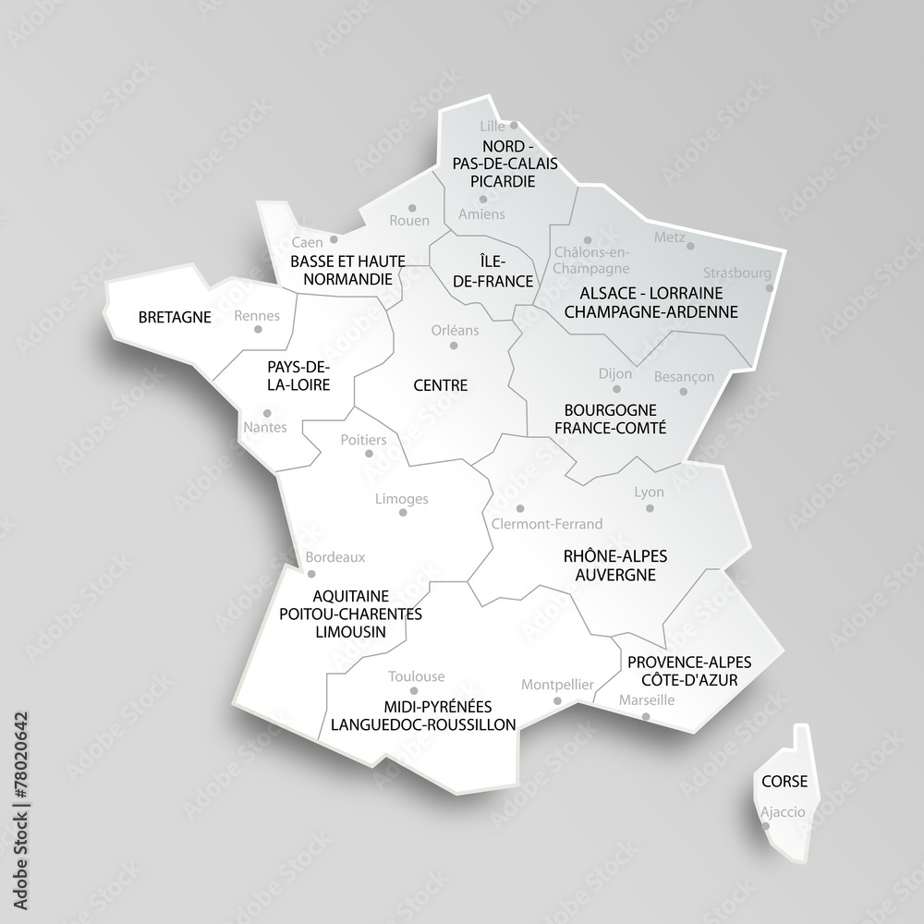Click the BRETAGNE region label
pos(175,317)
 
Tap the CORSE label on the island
pos(784,782)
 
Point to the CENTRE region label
pos(440,385)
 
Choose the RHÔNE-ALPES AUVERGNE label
pos(615,565)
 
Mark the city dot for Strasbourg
pos(770,287)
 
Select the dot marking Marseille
pos(646,716)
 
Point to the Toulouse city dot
pos(413,691)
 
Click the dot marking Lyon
pos(650,507)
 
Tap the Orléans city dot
pos(454,346)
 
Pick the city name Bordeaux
pos(335,557)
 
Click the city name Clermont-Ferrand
pos(547,524)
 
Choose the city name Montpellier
pos(557,685)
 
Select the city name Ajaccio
pos(784,812)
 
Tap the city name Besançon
pos(685,376)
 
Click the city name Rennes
pos(257,315)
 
